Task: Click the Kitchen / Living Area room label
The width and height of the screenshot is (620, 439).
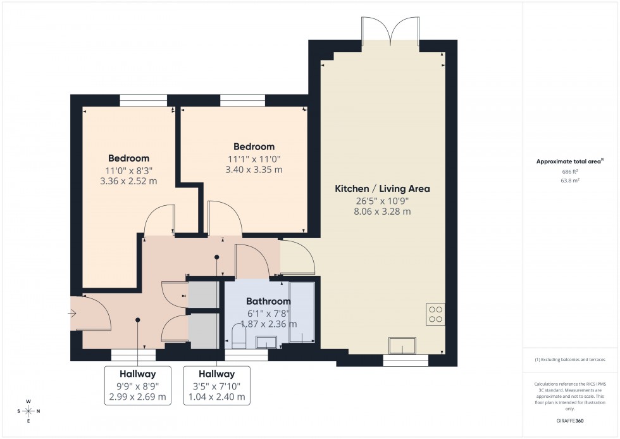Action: [x=382, y=189]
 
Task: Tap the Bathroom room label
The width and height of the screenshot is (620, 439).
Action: [x=268, y=302]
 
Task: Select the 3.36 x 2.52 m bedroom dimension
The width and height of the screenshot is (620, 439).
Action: [x=128, y=181]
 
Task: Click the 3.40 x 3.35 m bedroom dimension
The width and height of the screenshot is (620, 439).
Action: [x=254, y=170]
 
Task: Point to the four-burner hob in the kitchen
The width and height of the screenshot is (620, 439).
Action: [x=435, y=314]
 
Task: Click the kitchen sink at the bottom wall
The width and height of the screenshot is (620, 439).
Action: [x=403, y=346]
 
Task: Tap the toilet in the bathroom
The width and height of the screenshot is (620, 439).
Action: [x=238, y=336]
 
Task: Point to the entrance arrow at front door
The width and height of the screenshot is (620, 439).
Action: [x=73, y=313]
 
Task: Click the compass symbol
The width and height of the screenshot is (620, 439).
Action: [x=28, y=411]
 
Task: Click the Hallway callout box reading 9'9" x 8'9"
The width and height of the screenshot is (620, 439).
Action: [x=137, y=386]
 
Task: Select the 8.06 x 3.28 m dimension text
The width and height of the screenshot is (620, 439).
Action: [x=382, y=212]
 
